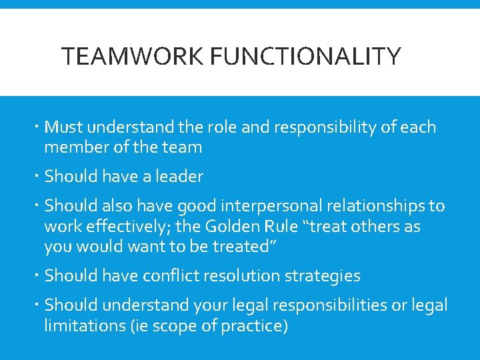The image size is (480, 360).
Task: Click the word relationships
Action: click(361, 207)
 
